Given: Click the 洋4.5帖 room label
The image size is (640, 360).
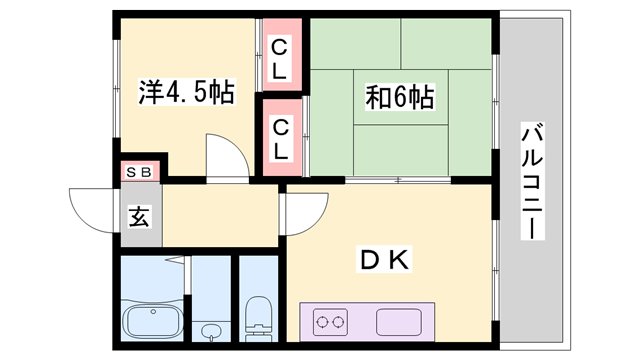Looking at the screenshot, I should point(186,95).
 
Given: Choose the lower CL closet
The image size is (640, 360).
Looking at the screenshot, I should point(281,139).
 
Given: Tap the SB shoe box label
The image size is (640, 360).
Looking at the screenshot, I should point(139,172).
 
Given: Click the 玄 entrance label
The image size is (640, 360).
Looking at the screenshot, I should point(139,215).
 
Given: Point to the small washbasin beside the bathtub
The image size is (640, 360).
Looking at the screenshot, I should point(210,330).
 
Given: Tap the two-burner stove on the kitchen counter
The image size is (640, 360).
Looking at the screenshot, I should point(336,322).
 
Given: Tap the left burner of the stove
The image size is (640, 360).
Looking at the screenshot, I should point(325,322).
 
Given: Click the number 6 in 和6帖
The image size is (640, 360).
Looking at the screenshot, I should point(399,97).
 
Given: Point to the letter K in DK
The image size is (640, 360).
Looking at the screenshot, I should point(396,261).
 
